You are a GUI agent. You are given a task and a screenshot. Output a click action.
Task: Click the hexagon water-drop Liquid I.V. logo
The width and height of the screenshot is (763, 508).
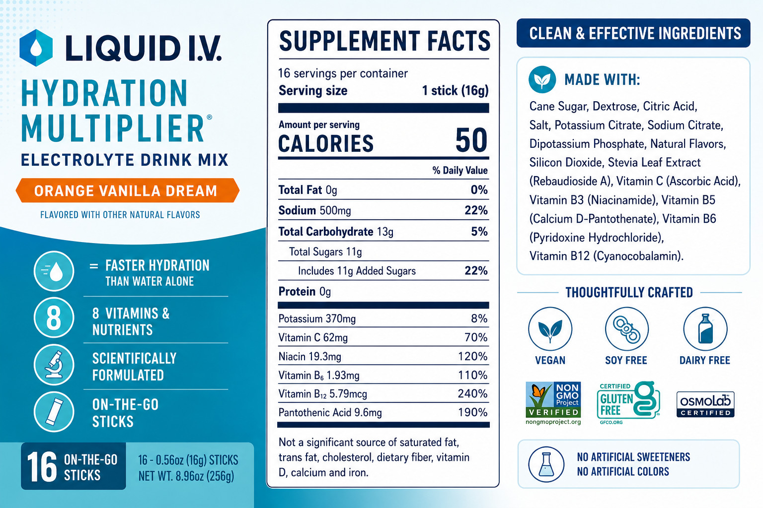pyautogui.click(x=36, y=48)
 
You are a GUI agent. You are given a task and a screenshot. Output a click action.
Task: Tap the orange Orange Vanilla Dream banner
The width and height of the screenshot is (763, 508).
pyautogui.click(x=127, y=190)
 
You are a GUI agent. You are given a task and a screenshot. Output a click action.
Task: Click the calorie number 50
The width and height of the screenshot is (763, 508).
pyautogui.click(x=471, y=140)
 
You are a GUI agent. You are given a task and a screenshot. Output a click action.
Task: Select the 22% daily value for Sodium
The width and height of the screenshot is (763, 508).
pyautogui.click(x=476, y=210)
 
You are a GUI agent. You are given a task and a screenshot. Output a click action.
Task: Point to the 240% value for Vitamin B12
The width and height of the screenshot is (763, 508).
pyautogui.click(x=472, y=394)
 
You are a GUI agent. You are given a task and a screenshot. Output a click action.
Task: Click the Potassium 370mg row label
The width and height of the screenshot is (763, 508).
pyautogui.click(x=317, y=319)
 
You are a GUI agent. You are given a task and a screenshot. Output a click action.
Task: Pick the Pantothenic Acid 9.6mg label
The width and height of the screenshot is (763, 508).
pyautogui.click(x=330, y=412)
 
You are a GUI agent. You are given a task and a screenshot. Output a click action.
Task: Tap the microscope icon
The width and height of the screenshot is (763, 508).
pyautogui.click(x=54, y=365)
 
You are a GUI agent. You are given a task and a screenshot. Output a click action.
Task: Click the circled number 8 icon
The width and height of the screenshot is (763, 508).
pyautogui.click(x=54, y=318)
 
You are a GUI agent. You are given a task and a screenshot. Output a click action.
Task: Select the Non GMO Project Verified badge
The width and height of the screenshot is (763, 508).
pyautogui.click(x=553, y=403)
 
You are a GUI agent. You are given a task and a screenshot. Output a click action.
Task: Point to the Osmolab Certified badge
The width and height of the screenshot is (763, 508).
pyautogui.click(x=705, y=404)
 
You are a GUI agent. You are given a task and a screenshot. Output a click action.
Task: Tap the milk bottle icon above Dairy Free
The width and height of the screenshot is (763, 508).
pyautogui.click(x=705, y=329)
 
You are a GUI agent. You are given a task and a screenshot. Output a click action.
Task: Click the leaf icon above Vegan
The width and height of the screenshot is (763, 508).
pyautogui.click(x=550, y=329)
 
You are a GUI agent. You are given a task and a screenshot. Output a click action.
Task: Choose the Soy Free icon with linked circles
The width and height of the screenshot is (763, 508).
pyautogui.click(x=627, y=329)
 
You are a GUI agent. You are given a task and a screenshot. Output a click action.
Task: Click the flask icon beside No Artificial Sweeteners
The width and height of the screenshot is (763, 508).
pyautogui.click(x=546, y=464)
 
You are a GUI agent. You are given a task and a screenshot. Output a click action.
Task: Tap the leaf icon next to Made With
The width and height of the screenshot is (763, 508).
pyautogui.click(x=542, y=79)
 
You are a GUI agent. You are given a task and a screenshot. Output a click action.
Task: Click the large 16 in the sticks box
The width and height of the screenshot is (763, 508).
pyautogui.click(x=42, y=466)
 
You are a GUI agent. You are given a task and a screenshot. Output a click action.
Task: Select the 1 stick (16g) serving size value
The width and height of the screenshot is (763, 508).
pyautogui.click(x=455, y=90)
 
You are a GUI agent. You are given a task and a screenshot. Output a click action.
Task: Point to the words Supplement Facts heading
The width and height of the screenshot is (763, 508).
pyautogui.click(x=384, y=41)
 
